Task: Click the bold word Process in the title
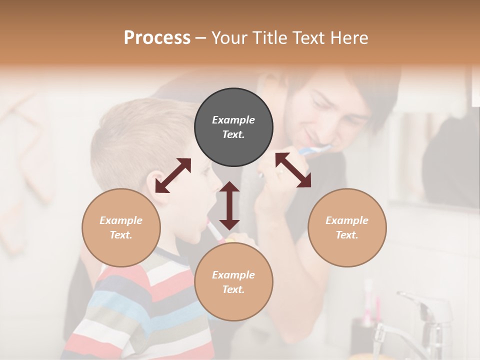click(157, 37)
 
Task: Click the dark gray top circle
click(233, 127)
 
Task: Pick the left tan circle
click(121, 227)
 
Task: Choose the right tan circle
click(347, 227)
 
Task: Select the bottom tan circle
click(233, 282)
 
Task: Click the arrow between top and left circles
click(173, 175)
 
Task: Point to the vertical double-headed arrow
click(229, 205)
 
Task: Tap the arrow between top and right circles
click(293, 170)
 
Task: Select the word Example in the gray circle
click(233, 120)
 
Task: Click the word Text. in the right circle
click(347, 235)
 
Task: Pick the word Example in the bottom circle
click(233, 275)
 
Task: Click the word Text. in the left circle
click(121, 235)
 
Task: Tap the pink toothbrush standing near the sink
click(369, 300)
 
